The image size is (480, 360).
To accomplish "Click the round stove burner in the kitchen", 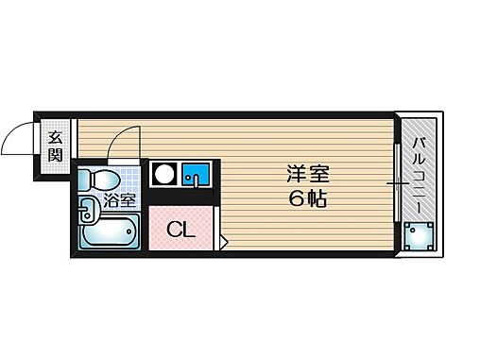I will point(164,175).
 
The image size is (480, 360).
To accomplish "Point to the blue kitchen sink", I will point(196,175).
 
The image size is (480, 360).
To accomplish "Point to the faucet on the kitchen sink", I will point(199,180).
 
